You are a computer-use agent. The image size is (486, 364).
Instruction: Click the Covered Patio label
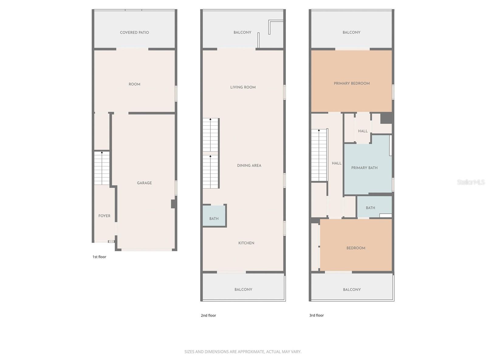coord(134,32)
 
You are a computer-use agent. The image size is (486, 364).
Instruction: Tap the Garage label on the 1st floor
coord(144,183)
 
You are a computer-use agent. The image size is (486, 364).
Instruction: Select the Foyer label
coord(104,216)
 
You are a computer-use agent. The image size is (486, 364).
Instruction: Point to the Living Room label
coord(243,87)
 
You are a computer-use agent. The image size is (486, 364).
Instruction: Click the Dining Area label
coord(249,166)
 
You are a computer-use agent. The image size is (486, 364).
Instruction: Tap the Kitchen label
coord(246,243)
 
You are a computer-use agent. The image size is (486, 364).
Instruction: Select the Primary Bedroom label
coord(351,83)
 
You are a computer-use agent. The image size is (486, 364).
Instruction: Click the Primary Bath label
coord(364,168)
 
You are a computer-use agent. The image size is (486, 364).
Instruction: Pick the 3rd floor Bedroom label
coord(356,248)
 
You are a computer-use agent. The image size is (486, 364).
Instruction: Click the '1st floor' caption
coord(99,257)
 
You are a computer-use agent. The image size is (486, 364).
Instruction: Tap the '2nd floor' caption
coord(208,315)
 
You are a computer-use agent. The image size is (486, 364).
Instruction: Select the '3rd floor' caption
coord(317,315)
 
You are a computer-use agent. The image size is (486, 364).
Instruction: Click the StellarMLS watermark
coord(471,182)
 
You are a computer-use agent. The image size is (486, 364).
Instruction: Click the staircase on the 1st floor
coord(102,168)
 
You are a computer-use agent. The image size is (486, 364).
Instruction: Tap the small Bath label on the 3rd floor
coord(370,208)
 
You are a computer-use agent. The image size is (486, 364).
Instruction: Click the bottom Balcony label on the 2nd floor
coord(243,290)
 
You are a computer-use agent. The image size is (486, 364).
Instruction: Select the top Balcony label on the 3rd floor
coord(351,32)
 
